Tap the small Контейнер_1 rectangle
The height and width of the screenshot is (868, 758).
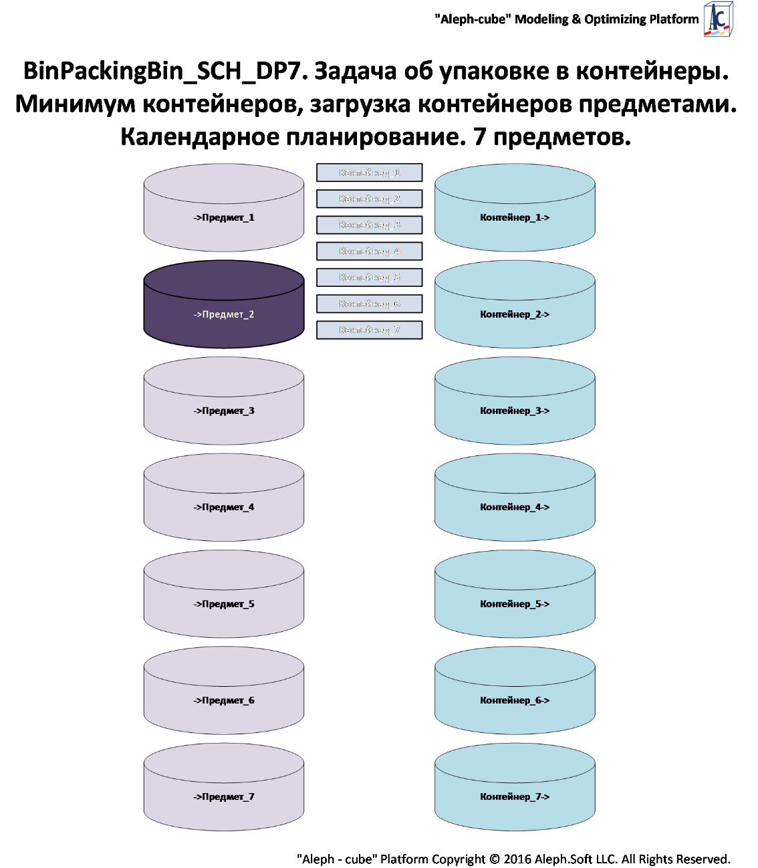tap(369, 173)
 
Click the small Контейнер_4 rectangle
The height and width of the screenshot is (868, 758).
tap(369, 251)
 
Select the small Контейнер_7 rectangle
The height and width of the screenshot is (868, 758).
tap(369, 330)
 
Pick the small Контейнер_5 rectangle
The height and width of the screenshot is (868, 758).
tap(369, 278)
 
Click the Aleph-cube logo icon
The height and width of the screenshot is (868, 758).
tap(719, 19)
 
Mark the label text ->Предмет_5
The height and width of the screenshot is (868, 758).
tap(224, 604)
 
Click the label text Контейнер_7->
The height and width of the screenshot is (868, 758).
tap(515, 796)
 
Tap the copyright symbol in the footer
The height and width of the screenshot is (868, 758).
tap(495, 859)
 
